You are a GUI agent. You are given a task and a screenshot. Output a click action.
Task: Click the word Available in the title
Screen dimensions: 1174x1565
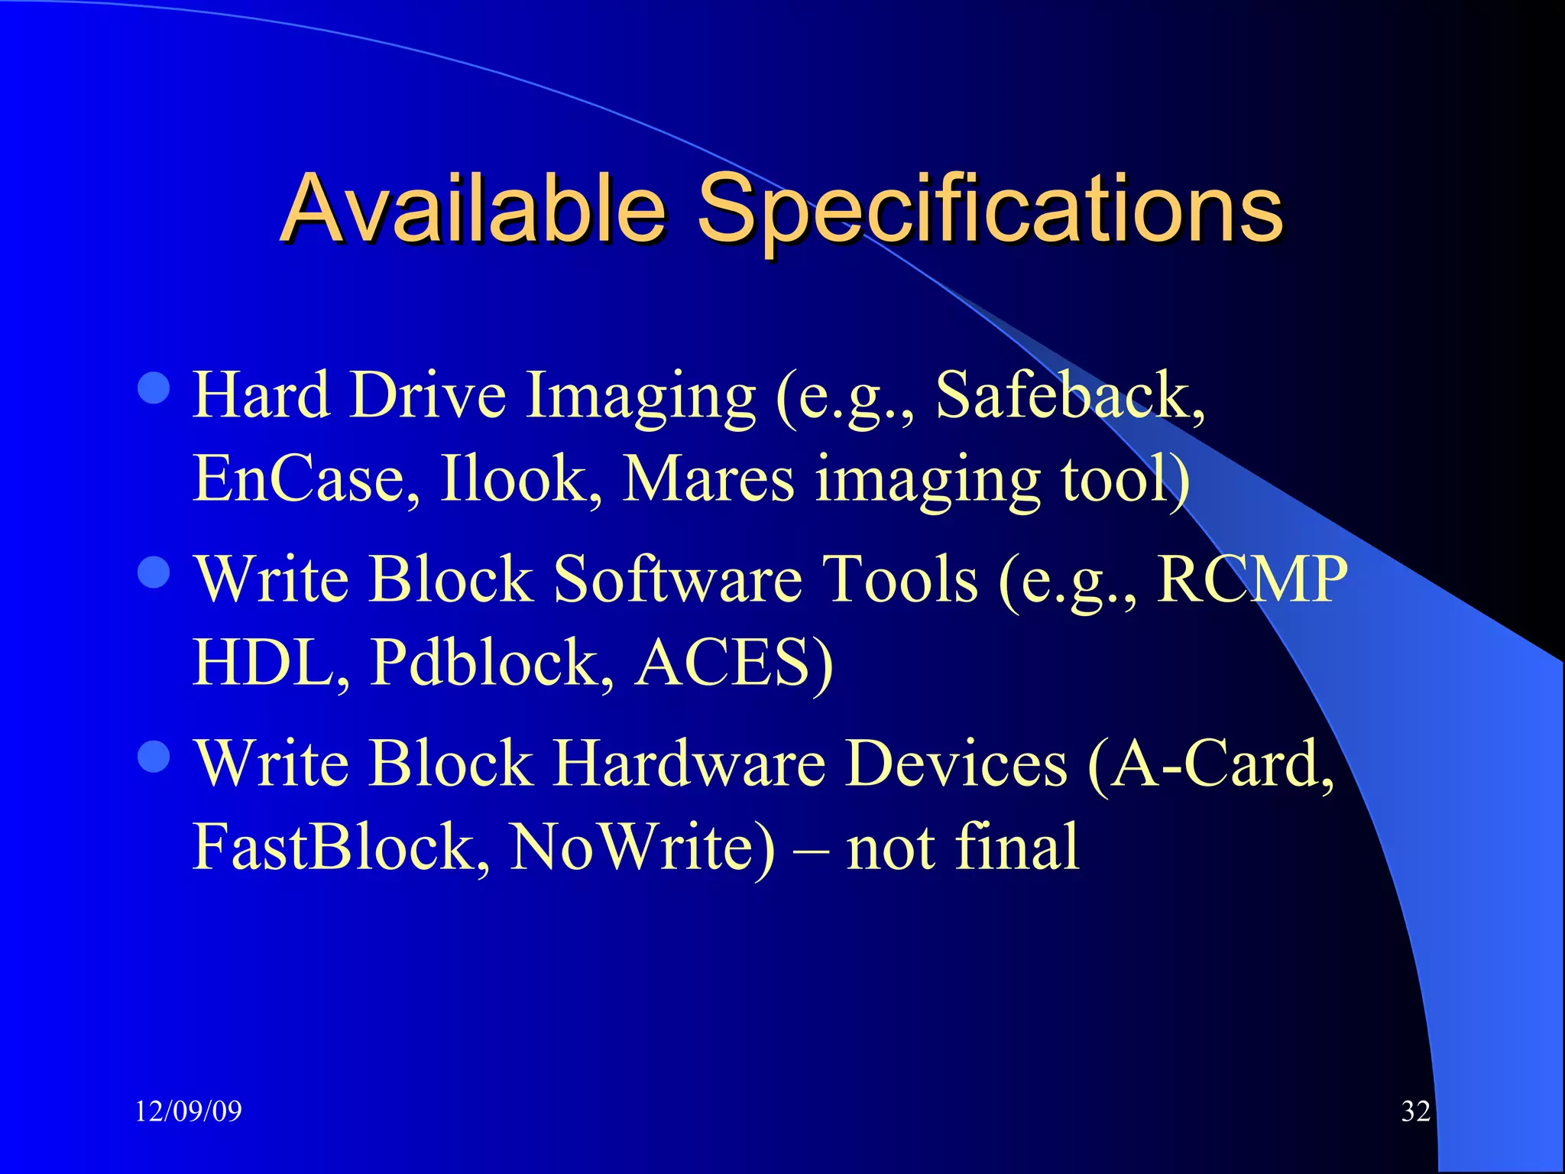pos(474,208)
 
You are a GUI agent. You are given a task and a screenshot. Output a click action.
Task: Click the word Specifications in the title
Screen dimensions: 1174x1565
pos(990,208)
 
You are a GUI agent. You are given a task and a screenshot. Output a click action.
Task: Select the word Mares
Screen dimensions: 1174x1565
pos(709,479)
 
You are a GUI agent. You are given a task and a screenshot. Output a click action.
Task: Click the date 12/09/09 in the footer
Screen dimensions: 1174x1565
pos(188,1111)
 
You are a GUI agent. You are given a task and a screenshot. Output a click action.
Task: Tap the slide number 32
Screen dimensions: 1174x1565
pos(1415,1111)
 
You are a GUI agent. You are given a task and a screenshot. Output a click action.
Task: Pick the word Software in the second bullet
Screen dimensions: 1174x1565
pos(677,579)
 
